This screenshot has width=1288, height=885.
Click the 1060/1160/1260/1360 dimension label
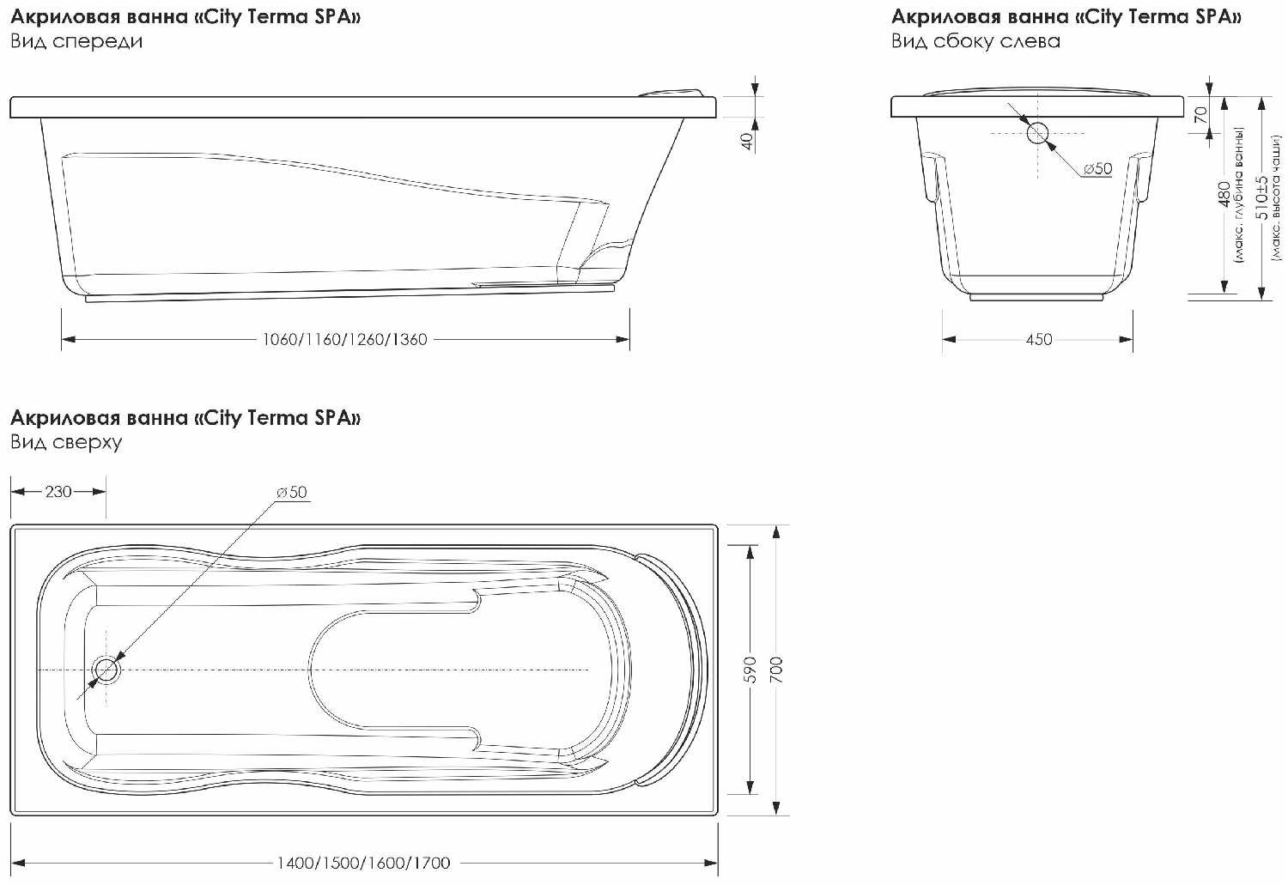345,340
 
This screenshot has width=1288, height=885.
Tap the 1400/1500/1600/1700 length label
363,864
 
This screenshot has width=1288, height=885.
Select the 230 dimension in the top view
58,491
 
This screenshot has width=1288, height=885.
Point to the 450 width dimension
1039,340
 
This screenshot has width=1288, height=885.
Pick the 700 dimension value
776,670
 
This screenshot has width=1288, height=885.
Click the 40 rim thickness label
748,142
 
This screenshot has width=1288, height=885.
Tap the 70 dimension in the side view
1200,115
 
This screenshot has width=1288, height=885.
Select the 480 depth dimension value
1224,194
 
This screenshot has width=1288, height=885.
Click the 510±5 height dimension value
1263,197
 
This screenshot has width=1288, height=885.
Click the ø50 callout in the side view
1097,168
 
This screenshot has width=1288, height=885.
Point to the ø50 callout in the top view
292,492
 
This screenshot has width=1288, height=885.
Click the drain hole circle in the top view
106,670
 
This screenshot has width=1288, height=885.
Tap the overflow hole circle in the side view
1038,133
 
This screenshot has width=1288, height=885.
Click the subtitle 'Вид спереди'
76,42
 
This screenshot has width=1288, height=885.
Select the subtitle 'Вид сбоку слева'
975,42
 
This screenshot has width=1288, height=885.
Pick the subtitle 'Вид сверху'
66,443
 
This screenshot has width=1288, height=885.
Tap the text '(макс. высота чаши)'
1277,197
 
